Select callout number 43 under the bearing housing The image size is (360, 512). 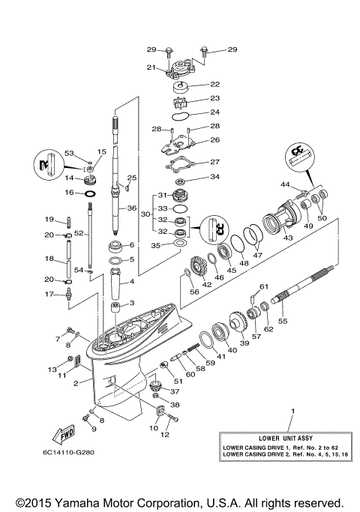[x=287, y=238]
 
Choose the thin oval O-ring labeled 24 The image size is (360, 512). [x=180, y=115]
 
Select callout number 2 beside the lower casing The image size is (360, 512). [x=75, y=383]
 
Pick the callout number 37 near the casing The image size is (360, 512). [x=175, y=391]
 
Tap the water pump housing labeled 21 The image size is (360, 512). [x=182, y=72]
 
